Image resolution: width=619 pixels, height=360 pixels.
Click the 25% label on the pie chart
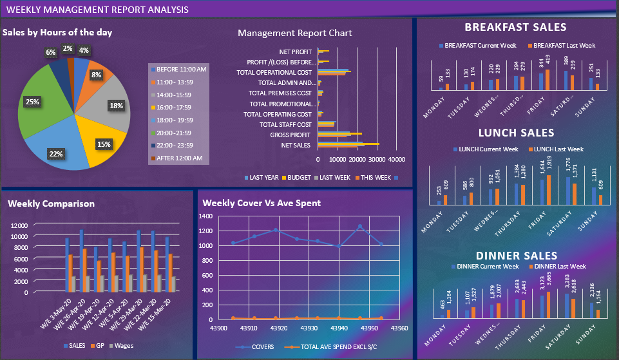pos(32,102)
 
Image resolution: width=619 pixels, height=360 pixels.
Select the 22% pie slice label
pos(55,154)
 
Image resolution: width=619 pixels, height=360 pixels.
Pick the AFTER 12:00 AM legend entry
pos(178,158)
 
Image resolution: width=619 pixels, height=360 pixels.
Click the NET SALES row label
pos(296,145)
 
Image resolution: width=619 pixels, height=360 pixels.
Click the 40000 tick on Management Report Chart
pos(397,159)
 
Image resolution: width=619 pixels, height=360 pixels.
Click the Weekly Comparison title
pos(51,204)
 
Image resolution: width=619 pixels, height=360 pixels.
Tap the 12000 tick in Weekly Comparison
pos(19,225)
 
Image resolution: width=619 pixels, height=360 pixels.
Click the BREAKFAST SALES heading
pos(515,27)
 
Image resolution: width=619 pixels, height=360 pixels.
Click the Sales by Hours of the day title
pos(57,32)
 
